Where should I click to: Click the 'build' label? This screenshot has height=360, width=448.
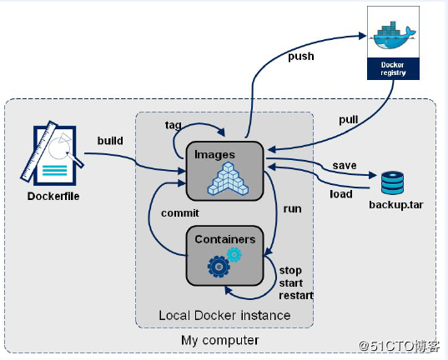pyautogui.click(x=110, y=141)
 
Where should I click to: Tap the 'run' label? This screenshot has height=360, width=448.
pyautogui.click(x=292, y=208)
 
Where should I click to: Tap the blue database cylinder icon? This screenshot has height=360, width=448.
pyautogui.click(x=390, y=182)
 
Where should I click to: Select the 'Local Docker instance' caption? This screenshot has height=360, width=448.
pyautogui.click(x=224, y=315)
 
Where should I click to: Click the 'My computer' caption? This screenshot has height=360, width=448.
pyautogui.click(x=220, y=340)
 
